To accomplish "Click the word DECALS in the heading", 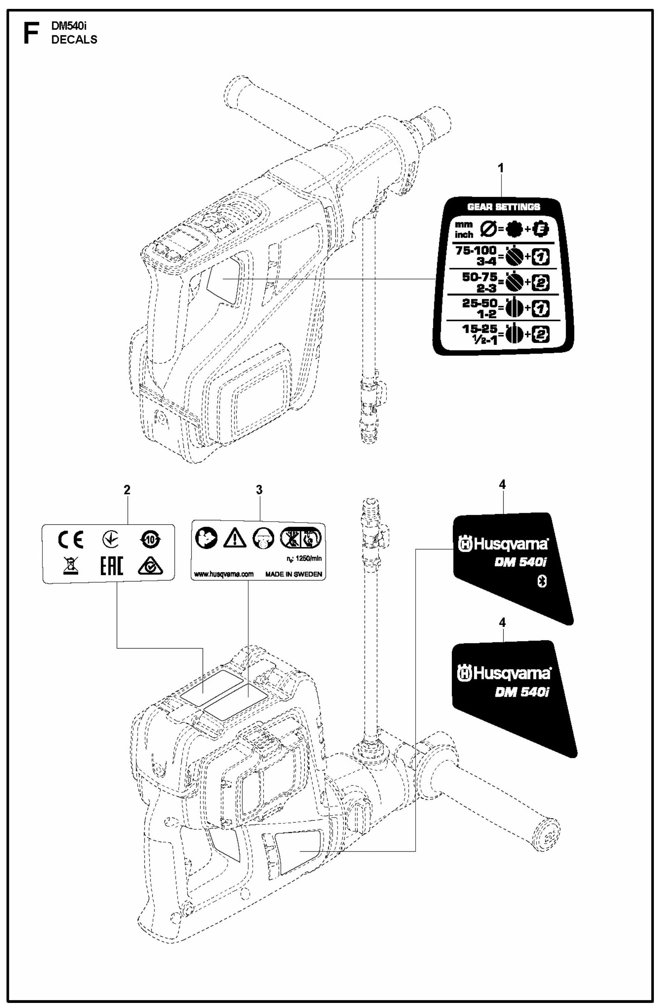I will (x=74, y=40).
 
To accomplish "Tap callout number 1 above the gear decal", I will (x=501, y=168).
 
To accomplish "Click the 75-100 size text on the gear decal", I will (x=476, y=251).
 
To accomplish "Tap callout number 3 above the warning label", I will (x=259, y=490).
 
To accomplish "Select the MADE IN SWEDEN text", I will (x=293, y=574).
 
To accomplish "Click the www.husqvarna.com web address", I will (x=224, y=574).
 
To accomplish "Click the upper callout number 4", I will (x=502, y=485).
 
